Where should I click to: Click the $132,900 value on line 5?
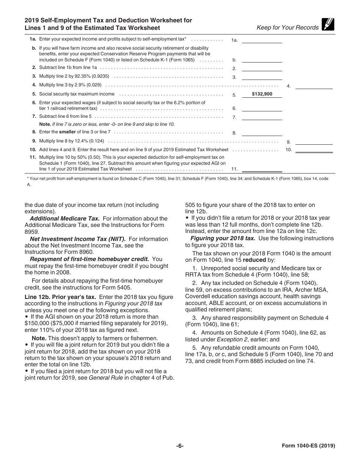262,94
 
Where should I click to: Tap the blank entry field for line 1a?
262,39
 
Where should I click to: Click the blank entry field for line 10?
314,149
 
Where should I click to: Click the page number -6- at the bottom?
180,446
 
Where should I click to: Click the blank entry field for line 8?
262,132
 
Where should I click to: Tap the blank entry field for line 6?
262,108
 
